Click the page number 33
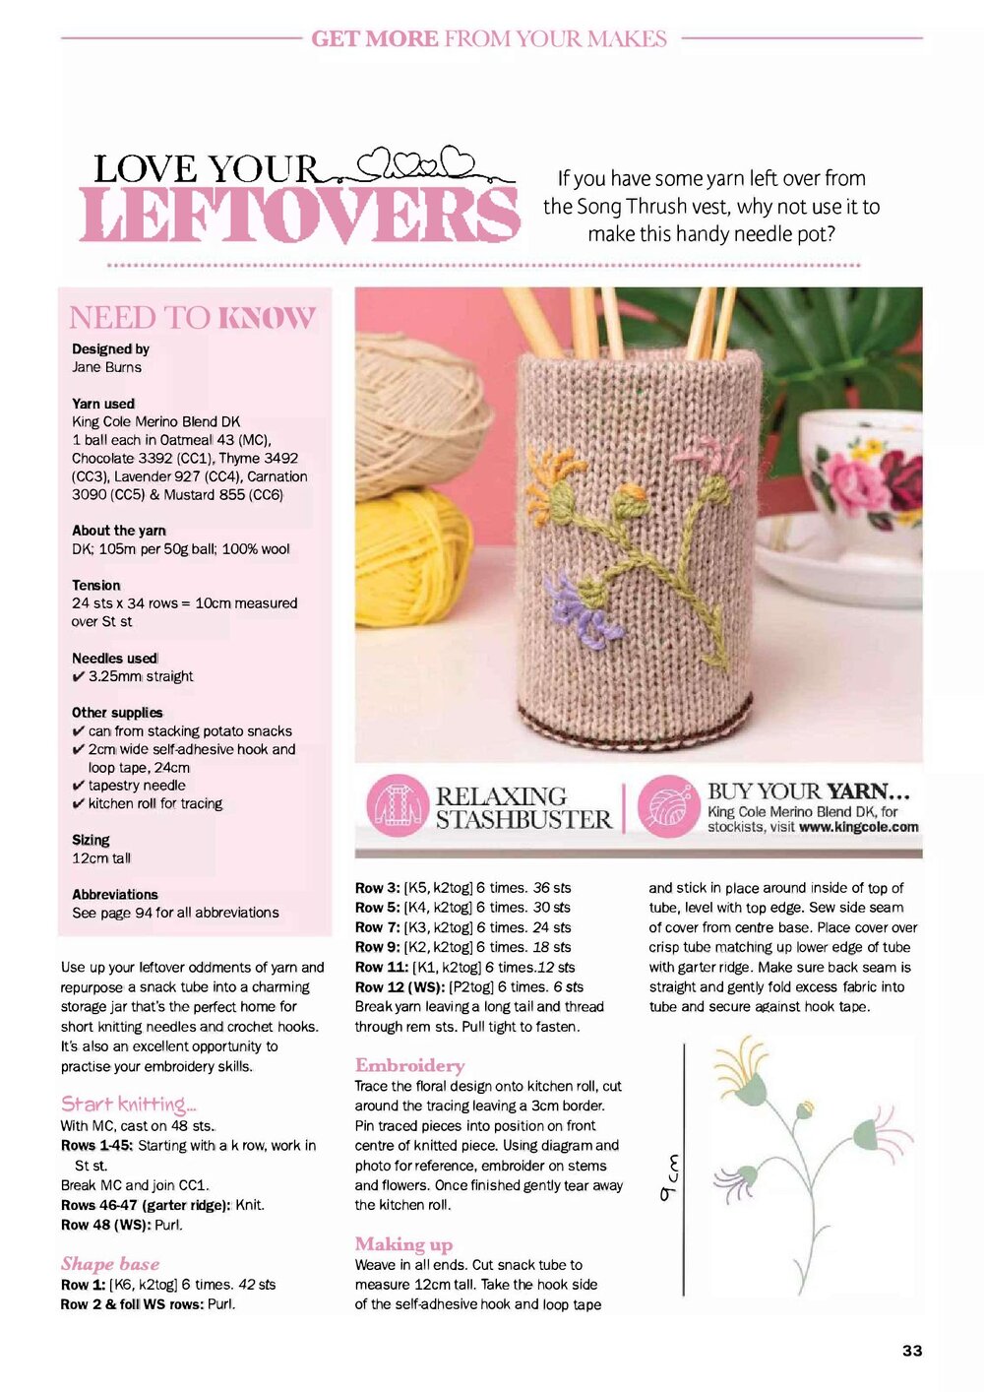tap(912, 1351)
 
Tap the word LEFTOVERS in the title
tap(299, 215)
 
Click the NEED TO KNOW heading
tap(192, 318)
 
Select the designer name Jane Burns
tap(106, 367)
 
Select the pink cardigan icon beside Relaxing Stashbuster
tap(397, 806)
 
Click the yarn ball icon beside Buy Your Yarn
tap(668, 806)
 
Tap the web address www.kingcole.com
tap(858, 828)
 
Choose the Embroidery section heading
tap(409, 1065)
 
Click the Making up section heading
tap(403, 1244)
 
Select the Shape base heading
tap(110, 1264)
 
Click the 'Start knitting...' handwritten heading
tap(129, 1104)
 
